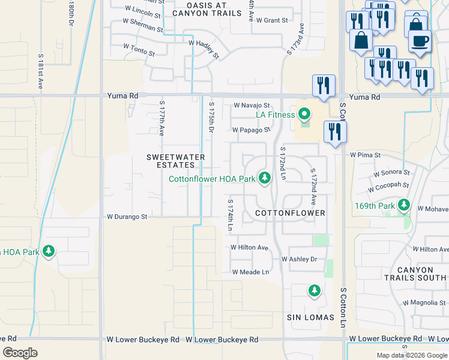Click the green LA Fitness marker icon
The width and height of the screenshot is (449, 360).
304,113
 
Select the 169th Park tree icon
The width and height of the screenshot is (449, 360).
405,206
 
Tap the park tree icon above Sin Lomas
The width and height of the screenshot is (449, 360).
314,291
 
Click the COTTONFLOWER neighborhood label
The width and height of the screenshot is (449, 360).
290,213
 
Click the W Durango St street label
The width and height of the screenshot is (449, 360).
127,217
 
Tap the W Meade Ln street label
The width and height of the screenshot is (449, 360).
250,272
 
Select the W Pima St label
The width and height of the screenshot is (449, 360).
366,155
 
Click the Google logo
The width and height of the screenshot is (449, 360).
20,353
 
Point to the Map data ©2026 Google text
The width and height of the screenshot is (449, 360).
411,355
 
